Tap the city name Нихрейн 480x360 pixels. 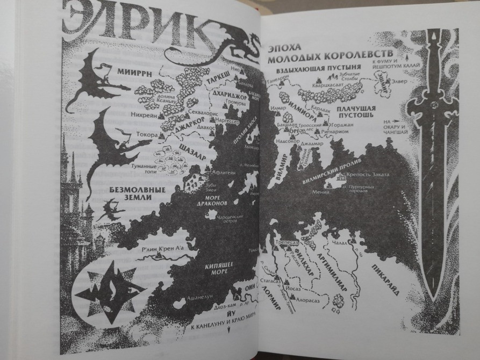click(x=142, y=114)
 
